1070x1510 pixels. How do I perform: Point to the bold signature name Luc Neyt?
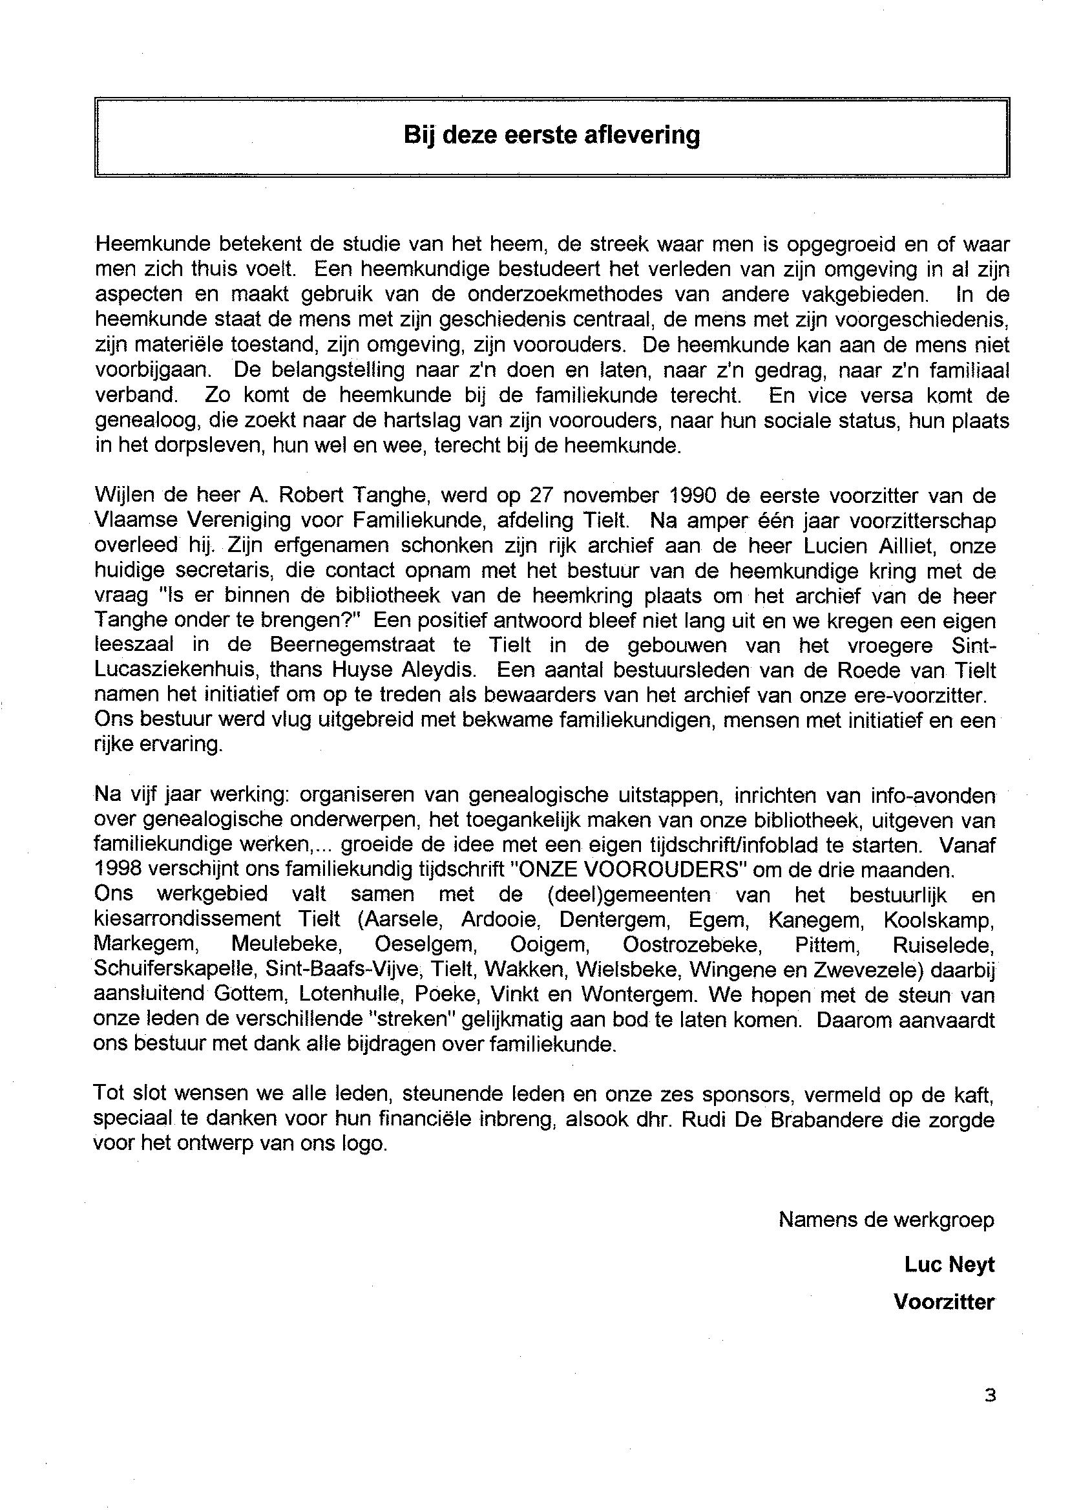tap(949, 1264)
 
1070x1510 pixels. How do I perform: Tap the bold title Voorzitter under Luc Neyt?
tap(943, 1303)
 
